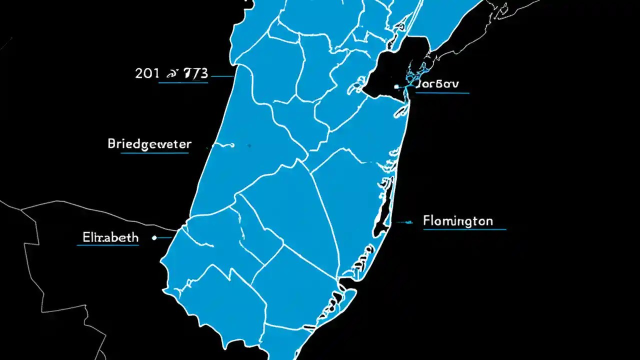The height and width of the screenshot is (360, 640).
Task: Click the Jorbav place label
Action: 437,84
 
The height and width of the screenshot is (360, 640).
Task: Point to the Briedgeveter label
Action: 149,144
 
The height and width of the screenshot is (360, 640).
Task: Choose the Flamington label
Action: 457,220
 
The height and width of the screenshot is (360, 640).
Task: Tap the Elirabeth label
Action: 108,237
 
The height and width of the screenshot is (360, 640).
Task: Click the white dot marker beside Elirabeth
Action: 154,238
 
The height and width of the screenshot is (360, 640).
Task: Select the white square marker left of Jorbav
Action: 396,86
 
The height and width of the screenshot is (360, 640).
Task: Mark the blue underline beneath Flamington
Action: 464,229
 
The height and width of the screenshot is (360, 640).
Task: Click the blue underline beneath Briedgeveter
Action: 154,153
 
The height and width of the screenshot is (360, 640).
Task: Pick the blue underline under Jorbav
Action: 443,92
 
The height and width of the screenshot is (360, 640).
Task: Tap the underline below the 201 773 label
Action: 183,82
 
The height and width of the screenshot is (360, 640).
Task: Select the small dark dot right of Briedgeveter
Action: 248,145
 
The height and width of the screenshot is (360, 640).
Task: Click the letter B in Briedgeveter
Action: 112,144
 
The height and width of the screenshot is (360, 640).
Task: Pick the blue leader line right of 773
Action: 222,76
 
